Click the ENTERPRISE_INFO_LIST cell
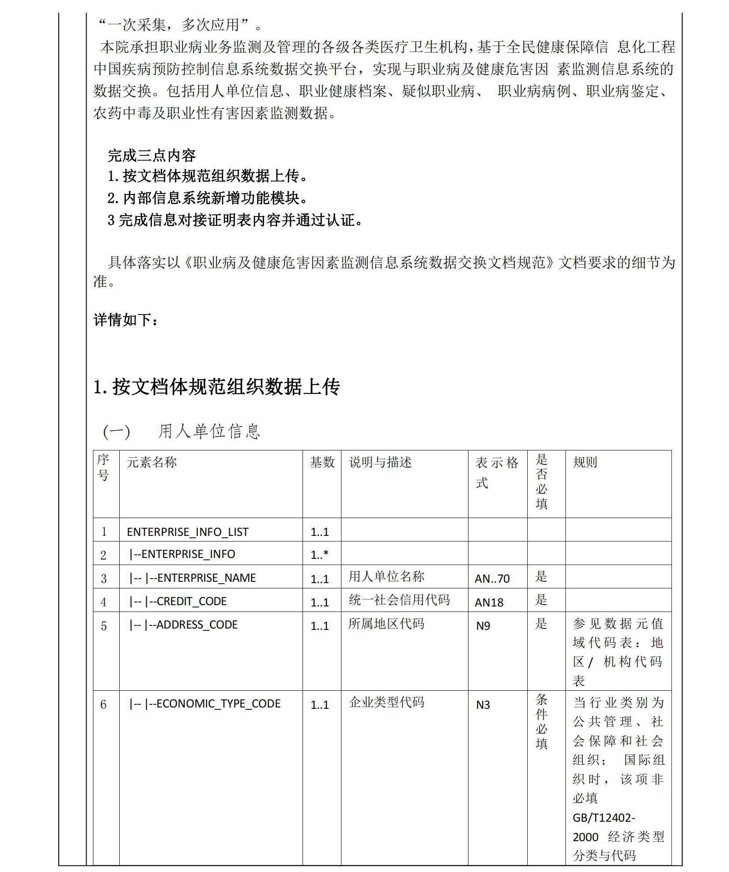pos(188,531)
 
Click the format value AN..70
pos(492,578)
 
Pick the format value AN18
pos(489,602)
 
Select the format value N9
pos(483,626)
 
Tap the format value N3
pos(483,705)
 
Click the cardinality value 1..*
pos(319,555)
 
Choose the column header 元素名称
pos(151,462)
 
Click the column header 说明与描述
pos(380,462)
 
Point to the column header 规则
pos(585,462)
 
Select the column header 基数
pos(322,462)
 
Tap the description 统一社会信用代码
pos(399,600)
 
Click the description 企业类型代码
pos(386,702)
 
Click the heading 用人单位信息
pos(209,431)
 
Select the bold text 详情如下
pos(125,320)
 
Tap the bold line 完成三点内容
pos(151,155)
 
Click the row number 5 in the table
pos(104,626)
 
